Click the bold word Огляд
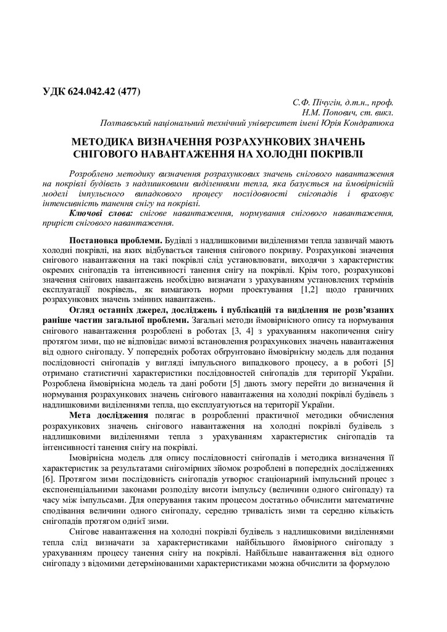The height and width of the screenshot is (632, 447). (83, 309)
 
